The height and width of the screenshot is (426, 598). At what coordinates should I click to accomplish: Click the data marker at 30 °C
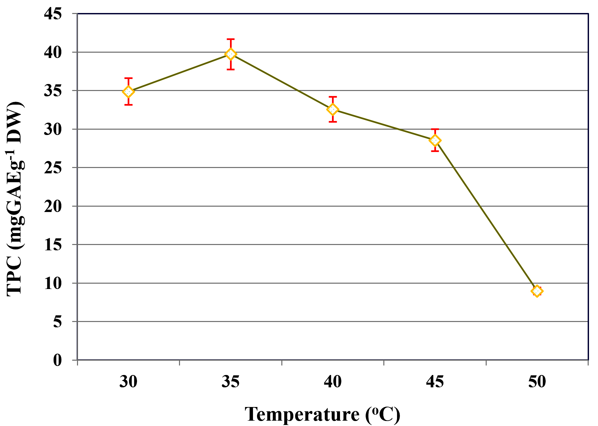coord(128,91)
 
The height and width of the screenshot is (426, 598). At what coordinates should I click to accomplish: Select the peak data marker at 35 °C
coord(231,54)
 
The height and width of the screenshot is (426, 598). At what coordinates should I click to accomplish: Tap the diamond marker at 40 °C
coord(333,109)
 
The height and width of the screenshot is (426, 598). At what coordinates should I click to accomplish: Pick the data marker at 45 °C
coord(435,140)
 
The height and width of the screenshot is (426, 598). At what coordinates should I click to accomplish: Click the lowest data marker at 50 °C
coord(537,291)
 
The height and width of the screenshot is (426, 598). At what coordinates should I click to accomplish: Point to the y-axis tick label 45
coord(53,14)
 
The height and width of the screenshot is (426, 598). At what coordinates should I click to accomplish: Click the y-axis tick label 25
coord(53,168)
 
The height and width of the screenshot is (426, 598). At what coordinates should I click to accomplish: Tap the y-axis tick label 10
coord(53,283)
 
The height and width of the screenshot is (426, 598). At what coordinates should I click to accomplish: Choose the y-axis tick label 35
coord(53,91)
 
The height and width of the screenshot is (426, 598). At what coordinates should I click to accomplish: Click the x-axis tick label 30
coord(128,382)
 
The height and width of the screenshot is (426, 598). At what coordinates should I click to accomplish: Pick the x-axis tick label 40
coord(333,382)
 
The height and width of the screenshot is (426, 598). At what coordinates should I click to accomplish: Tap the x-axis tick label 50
coord(537,382)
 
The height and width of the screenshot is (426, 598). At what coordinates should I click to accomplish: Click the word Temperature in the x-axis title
coord(302,415)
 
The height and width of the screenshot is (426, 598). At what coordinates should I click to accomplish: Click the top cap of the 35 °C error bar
coord(231,39)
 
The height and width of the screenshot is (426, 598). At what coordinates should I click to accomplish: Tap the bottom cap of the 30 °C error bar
coord(128,105)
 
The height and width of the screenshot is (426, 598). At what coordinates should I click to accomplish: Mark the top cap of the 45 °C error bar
coord(435,129)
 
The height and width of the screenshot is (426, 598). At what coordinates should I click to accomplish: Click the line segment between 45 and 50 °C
coord(486,216)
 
